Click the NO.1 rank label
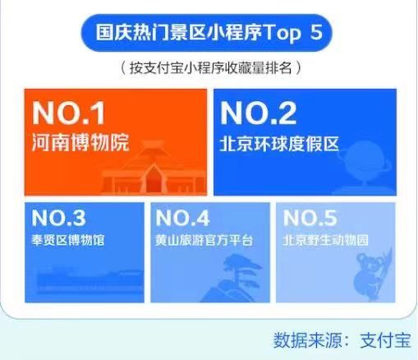68,113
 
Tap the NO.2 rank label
259,113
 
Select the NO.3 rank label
58,218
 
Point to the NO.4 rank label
182,218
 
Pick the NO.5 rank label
310,218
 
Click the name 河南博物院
80,142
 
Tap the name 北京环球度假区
279,143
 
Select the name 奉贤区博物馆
68,240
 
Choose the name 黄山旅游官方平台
204,240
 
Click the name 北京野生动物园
326,240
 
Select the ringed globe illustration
364,168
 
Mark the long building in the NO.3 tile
90,279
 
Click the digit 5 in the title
316,33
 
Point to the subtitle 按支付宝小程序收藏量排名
210,68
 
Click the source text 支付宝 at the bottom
385,340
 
